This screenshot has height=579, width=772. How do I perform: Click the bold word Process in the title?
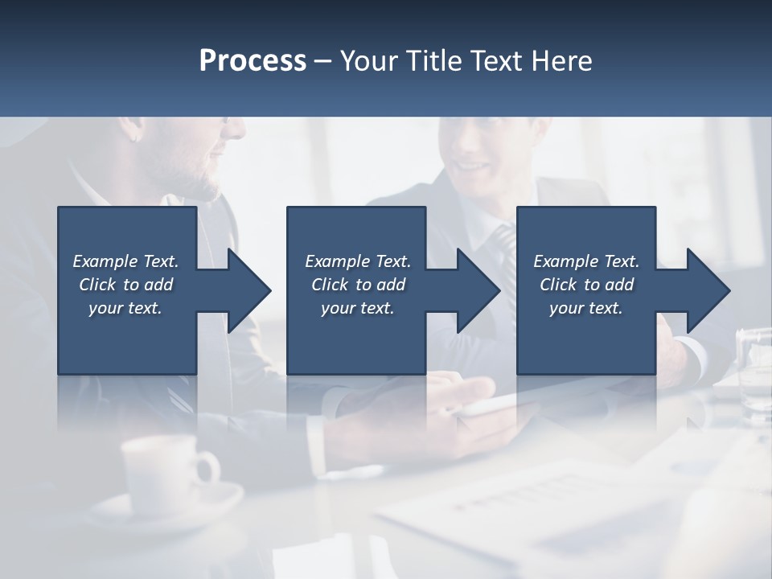253,61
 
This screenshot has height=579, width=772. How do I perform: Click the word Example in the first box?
105,261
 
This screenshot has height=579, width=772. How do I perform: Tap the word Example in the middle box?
337,261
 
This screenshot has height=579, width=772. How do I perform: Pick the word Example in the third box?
565,261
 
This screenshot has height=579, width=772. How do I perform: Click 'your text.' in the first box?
125,308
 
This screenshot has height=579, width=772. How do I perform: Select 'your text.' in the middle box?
357,308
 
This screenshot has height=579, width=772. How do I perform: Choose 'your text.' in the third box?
585,308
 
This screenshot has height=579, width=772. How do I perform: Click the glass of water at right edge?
754,370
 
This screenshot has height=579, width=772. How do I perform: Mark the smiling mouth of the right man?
474,169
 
